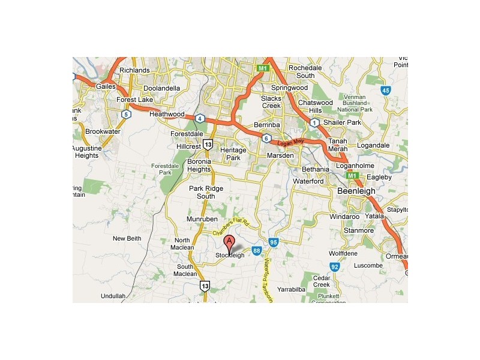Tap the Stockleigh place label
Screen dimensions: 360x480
[x=230, y=255]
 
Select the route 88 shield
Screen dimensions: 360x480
[x=256, y=250]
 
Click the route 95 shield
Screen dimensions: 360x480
[x=274, y=242]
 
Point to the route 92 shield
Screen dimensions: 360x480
[x=335, y=266]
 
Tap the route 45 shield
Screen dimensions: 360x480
[x=386, y=91]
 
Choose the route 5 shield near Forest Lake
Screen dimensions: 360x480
[x=125, y=113]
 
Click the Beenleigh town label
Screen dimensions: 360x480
[x=356, y=191]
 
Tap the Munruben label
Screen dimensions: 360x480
[x=201, y=220]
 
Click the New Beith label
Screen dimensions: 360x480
[x=127, y=238]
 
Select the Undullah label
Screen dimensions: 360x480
[x=113, y=296]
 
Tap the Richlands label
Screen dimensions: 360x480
[x=134, y=70]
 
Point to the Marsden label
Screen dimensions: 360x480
[x=280, y=155]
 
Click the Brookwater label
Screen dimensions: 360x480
[x=103, y=131]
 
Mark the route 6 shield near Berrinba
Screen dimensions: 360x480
[x=266, y=139]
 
